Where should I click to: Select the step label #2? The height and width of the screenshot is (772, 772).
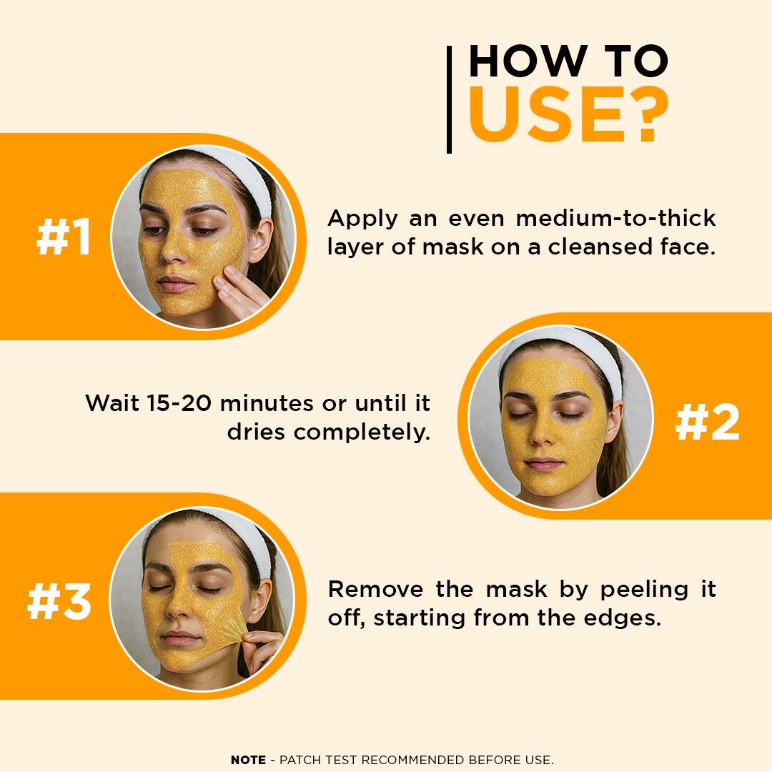(x=708, y=422)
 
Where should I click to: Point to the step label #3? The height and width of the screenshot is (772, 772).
(x=59, y=601)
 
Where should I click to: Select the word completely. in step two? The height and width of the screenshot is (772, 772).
(x=362, y=432)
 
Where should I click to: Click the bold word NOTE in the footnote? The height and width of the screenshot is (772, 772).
(x=248, y=760)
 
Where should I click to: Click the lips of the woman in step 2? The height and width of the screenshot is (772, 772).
(x=543, y=464)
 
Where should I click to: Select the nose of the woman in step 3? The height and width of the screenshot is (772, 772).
(x=177, y=608)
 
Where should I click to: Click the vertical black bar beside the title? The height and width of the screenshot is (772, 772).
(x=449, y=99)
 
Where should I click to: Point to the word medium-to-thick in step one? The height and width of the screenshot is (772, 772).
(x=616, y=218)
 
